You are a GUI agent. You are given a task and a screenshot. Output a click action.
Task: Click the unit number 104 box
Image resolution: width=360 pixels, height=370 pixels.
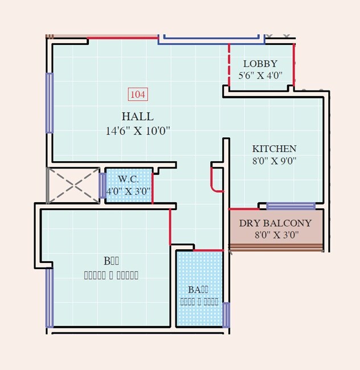coord(137,94)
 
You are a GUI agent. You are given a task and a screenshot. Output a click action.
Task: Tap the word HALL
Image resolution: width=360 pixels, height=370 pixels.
coord(137,117)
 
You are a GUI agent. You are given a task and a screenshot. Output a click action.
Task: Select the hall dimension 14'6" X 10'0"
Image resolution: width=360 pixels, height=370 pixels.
coord(138,131)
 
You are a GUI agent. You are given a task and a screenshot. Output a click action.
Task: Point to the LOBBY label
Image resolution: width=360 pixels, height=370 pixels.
coord(260,64)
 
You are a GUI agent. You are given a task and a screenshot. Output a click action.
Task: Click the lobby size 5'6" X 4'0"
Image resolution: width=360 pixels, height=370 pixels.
coord(260,76)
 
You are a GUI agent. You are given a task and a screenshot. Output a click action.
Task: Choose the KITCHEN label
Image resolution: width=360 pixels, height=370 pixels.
coord(274,149)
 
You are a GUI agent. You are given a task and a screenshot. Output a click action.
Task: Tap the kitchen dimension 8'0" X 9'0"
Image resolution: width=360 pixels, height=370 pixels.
coord(274,161)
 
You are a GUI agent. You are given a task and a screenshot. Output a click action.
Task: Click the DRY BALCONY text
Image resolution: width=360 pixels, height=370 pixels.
coord(275,223)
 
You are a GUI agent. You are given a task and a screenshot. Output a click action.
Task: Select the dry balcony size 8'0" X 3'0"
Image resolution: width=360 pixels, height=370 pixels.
coord(276,235)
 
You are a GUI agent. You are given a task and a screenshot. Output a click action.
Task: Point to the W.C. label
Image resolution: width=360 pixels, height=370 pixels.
coord(128,179)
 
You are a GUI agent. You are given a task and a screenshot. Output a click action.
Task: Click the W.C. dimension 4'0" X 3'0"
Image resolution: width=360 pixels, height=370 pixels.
coord(128,191)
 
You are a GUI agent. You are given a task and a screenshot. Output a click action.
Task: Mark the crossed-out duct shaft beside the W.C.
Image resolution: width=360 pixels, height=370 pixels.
coord(73,185)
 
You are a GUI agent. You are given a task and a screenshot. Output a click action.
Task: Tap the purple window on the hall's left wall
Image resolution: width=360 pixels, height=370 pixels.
coord(50,103)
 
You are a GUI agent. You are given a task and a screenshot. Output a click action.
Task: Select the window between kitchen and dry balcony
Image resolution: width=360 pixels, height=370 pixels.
coord(291,205)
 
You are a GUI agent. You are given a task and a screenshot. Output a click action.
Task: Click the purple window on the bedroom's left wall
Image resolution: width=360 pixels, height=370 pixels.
coord(50,298)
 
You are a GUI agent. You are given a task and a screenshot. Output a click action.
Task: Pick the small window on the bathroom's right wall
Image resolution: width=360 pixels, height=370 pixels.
coord(226,315)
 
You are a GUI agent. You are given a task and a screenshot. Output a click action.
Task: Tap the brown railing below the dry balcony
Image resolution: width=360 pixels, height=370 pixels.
coord(276,248)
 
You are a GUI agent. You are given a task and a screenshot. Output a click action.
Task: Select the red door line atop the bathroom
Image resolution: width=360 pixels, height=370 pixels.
coord(207,250)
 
